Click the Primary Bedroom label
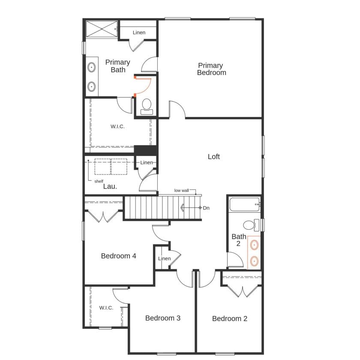click(x=211, y=69)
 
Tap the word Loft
click(x=214, y=157)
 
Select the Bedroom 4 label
click(x=119, y=256)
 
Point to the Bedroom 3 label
click(x=162, y=318)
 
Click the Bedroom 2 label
click(x=230, y=318)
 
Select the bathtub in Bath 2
click(x=244, y=204)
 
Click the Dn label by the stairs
click(x=206, y=208)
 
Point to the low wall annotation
click(x=181, y=190)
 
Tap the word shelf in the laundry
click(x=99, y=181)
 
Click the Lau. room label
click(x=110, y=186)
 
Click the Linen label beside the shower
click(x=139, y=33)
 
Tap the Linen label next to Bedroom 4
click(x=164, y=258)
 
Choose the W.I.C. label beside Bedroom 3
click(x=106, y=308)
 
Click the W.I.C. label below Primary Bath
click(x=117, y=126)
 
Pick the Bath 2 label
click(x=239, y=240)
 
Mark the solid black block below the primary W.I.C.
click(x=145, y=150)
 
